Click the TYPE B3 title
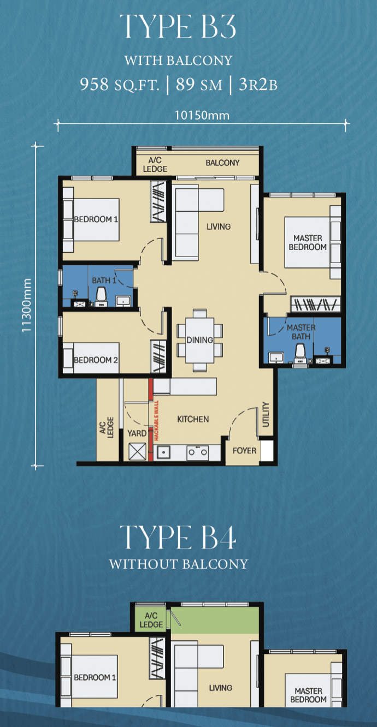pyautogui.click(x=178, y=27)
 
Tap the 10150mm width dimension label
pyautogui.click(x=202, y=115)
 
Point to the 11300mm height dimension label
pyautogui.click(x=27, y=306)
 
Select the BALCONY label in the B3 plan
pyautogui.click(x=222, y=163)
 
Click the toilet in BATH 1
pyautogui.click(x=102, y=297)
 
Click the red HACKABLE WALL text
pyautogui.click(x=156, y=421)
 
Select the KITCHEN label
pyautogui.click(x=193, y=419)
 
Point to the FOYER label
pyautogui.click(x=244, y=450)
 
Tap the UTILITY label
pyautogui.click(x=266, y=414)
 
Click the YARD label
pyautogui.click(x=137, y=433)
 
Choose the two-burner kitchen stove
pyautogui.click(x=198, y=452)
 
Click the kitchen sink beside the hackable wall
pyautogui.click(x=164, y=452)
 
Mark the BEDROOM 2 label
pyautogui.click(x=96, y=360)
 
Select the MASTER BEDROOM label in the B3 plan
pyautogui.click(x=308, y=242)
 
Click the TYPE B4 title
pyautogui.click(x=178, y=538)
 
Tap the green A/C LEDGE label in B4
pyautogui.click(x=151, y=620)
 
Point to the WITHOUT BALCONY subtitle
pyautogui.click(x=179, y=564)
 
